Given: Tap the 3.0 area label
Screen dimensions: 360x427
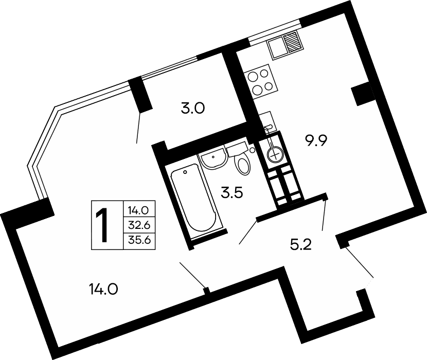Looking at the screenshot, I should [193, 109].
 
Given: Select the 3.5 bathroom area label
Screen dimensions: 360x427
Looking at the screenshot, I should [232, 193].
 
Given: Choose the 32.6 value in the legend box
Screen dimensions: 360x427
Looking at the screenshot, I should [139, 225].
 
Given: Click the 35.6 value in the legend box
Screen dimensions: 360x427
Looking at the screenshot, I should [139, 239].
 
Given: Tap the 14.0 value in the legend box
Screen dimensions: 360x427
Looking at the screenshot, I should [139, 210].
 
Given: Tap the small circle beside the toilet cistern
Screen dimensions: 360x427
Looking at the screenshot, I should [252, 150].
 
